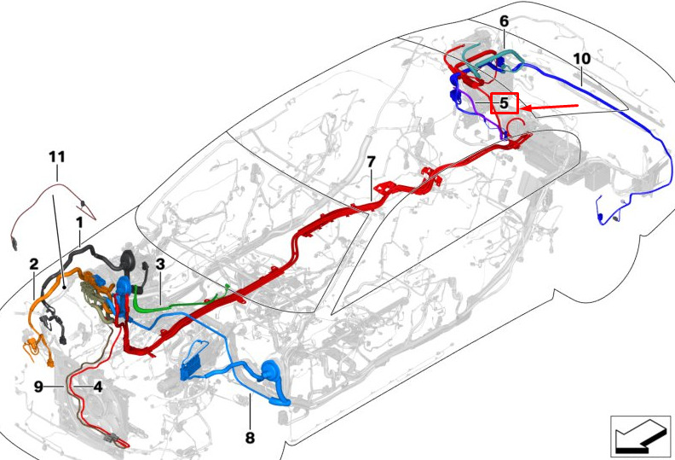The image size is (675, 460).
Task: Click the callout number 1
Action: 79,223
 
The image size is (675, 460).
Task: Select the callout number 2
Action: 34,264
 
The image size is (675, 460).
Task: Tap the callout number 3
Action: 160,264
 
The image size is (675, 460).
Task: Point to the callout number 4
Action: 98,387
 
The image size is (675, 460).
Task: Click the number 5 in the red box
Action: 504,103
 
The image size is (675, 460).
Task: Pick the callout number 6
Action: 504,21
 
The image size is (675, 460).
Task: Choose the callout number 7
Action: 371,162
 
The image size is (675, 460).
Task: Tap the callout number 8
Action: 250,438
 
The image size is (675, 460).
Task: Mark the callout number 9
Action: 38,387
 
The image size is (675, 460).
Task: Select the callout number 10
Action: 582,59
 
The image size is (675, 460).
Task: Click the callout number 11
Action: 57,156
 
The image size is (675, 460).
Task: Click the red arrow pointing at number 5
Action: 550,106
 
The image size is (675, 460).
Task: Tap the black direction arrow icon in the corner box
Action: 640,436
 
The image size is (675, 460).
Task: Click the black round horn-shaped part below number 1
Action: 128,262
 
